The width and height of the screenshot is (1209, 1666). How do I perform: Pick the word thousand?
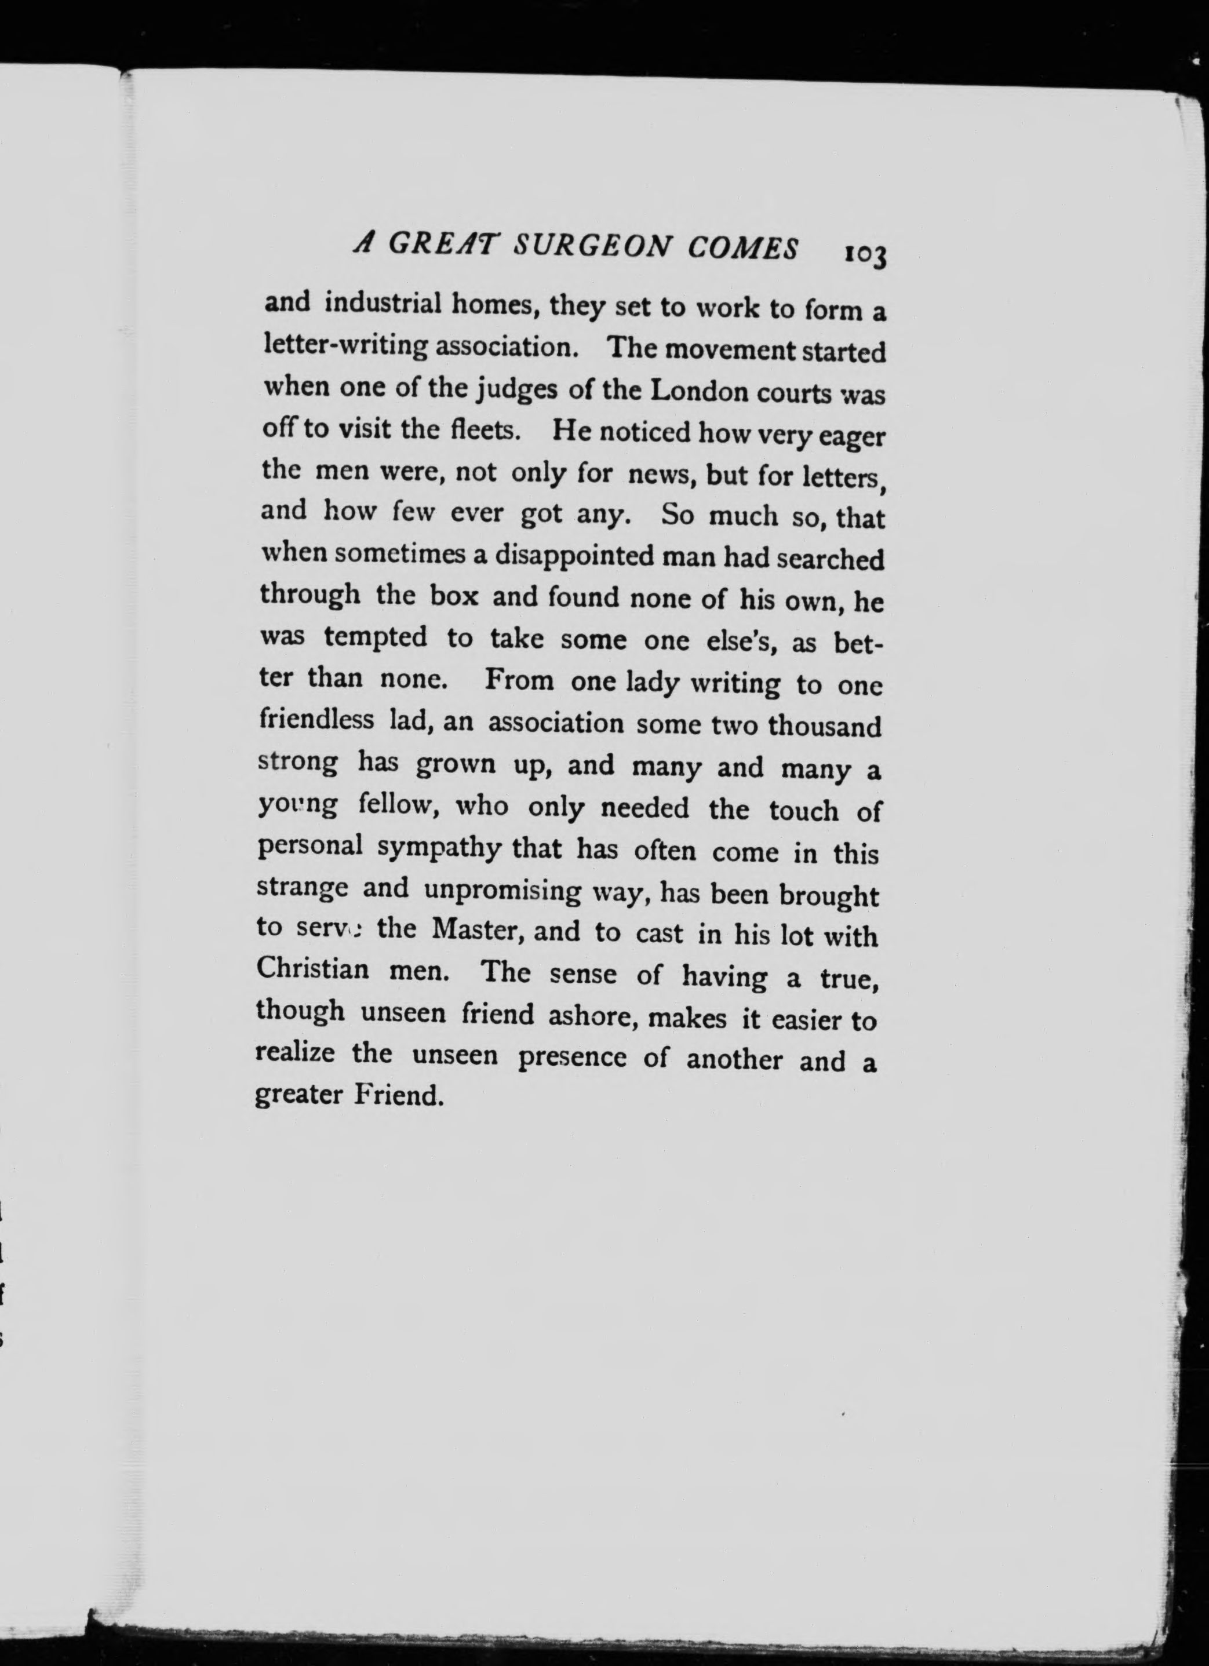[824, 727]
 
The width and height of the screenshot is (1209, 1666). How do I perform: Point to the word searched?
[829, 560]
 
